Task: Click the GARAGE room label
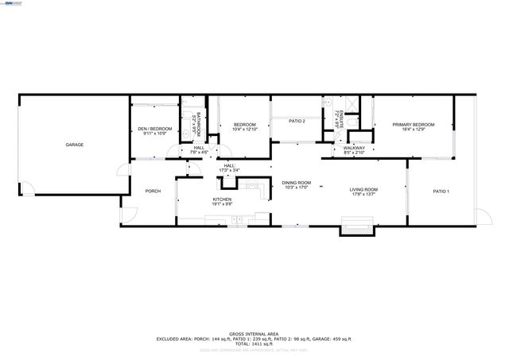(x=75, y=145)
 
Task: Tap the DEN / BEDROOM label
(x=154, y=128)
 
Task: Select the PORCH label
(x=153, y=191)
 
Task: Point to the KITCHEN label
(x=222, y=199)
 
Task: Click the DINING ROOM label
(x=296, y=183)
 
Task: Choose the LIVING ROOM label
(x=365, y=189)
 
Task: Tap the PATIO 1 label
(x=441, y=192)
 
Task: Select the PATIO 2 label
(x=297, y=121)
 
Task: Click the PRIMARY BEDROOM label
(x=414, y=125)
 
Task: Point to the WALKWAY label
(x=354, y=148)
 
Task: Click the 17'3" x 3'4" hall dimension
(x=229, y=170)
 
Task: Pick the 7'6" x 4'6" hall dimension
(x=199, y=152)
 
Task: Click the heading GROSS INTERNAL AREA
(x=254, y=334)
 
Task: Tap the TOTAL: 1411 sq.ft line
(x=254, y=343)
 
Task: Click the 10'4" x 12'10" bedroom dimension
(x=244, y=129)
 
